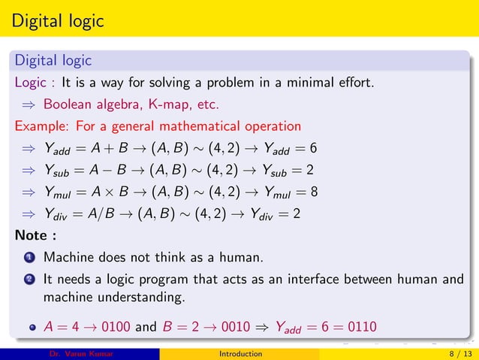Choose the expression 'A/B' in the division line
click(104, 213)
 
